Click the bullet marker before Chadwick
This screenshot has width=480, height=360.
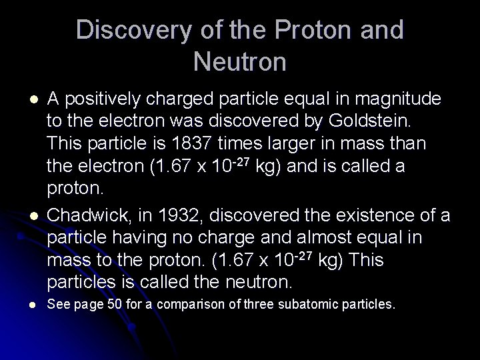34,215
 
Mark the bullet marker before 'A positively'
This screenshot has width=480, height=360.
34,99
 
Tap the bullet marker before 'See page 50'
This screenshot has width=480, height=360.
34,305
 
